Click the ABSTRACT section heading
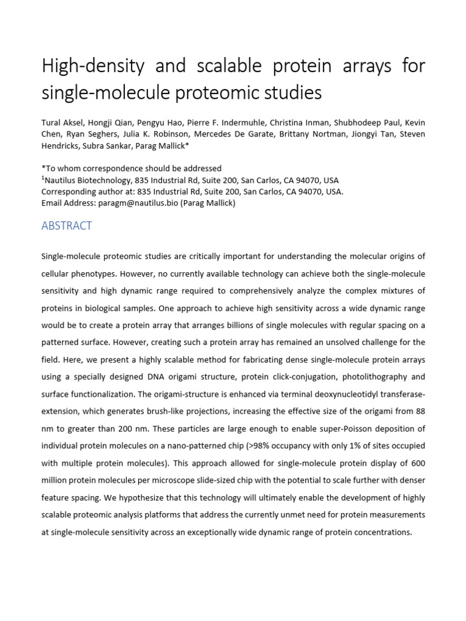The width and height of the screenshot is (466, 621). [67, 226]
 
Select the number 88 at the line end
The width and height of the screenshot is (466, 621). [419, 411]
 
